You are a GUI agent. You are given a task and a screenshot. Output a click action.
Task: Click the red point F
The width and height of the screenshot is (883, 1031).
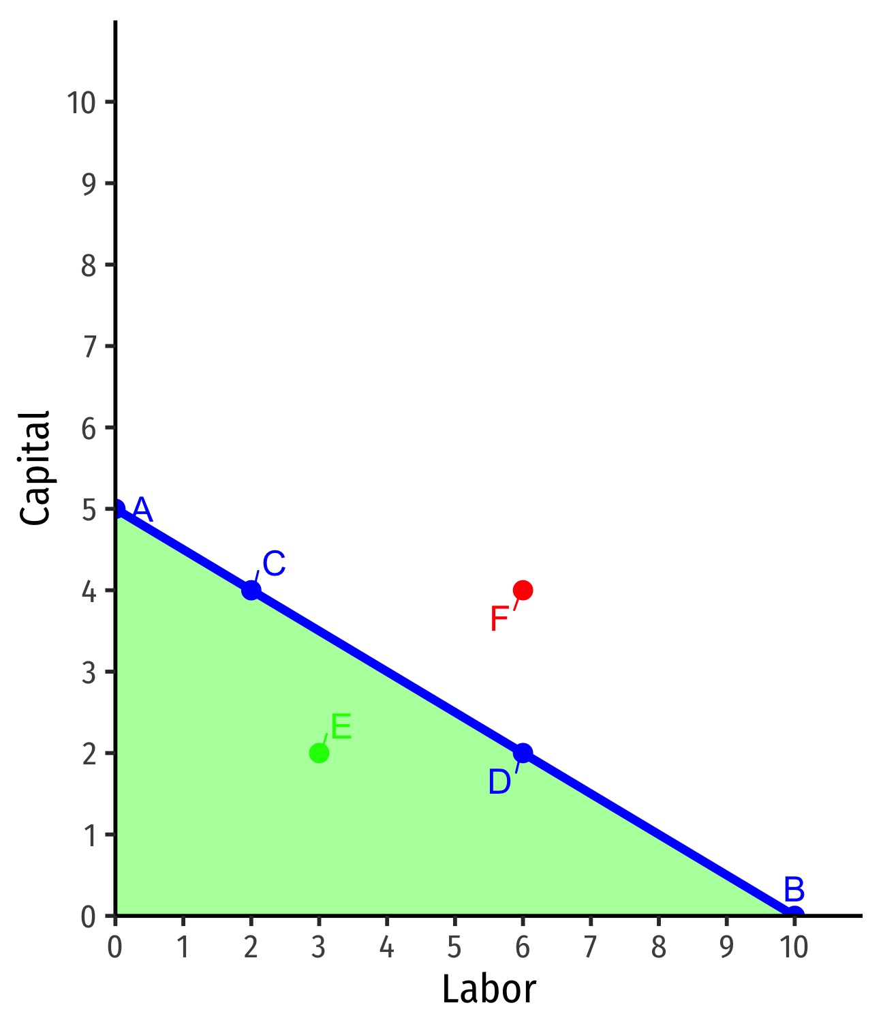click(x=523, y=590)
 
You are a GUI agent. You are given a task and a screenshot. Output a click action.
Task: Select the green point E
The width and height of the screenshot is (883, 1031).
click(x=319, y=753)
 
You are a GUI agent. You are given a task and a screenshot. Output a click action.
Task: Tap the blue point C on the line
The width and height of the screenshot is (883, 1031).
click(x=251, y=590)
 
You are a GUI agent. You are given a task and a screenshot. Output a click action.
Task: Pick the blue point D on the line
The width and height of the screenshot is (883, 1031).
click(x=523, y=753)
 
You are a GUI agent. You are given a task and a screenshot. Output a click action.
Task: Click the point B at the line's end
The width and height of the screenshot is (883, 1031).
click(x=794, y=914)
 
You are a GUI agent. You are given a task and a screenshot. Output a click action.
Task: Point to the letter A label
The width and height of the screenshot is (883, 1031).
click(x=142, y=509)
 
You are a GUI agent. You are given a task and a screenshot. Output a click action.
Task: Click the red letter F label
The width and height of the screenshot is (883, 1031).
click(x=499, y=620)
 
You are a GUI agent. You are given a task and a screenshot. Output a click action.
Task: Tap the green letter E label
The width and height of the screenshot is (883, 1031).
click(x=341, y=728)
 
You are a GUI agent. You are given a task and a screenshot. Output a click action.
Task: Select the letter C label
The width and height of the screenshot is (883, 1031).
click(x=273, y=565)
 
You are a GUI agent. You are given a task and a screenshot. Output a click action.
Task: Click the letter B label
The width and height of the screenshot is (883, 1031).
click(x=794, y=890)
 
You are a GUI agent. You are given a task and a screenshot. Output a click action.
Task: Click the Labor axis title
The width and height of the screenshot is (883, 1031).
click(x=489, y=989)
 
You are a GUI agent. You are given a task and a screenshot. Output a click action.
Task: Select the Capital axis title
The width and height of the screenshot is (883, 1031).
click(x=35, y=468)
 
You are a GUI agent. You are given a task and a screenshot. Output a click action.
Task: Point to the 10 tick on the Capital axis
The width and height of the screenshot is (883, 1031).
click(x=81, y=102)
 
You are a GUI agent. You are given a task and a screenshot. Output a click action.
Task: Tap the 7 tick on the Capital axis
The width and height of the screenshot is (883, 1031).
click(x=89, y=346)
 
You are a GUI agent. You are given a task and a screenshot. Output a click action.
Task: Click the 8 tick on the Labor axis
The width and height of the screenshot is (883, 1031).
click(x=658, y=947)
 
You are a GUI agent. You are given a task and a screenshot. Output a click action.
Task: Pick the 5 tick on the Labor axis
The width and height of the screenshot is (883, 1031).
click(x=454, y=947)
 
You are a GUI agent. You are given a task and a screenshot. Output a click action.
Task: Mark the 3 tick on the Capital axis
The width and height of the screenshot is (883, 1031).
click(x=89, y=672)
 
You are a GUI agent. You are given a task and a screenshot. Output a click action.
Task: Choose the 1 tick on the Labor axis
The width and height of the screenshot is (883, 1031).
click(x=183, y=947)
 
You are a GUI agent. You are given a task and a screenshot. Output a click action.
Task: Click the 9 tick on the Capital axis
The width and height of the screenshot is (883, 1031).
click(x=89, y=183)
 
